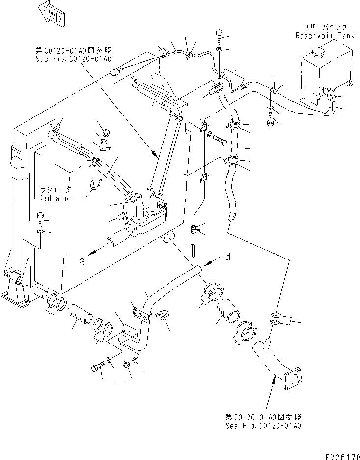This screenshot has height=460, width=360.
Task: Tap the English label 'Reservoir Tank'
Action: (x=322, y=36)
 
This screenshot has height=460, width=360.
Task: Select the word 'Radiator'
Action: (x=55, y=198)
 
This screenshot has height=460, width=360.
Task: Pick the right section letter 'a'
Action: (x=227, y=256)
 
